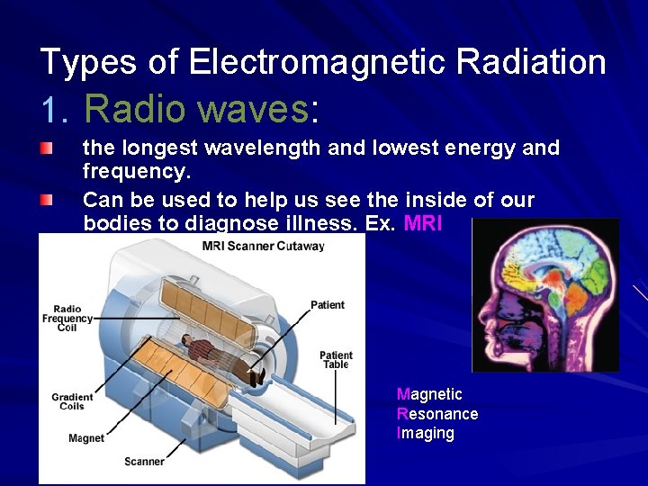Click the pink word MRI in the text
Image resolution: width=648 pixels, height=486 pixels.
423,223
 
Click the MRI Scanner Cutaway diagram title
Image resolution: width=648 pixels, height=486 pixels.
264,246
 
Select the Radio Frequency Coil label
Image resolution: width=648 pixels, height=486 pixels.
67,319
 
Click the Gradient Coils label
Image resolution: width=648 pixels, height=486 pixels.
72,401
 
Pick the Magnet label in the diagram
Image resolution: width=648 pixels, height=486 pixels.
86,438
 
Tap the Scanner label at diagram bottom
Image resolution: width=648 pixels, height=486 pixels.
144,462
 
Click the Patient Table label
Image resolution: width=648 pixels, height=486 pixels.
336,360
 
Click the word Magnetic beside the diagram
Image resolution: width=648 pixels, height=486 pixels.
429,394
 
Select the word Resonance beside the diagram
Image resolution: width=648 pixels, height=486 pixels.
436,414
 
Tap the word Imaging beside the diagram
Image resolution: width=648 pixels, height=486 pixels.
425,434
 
